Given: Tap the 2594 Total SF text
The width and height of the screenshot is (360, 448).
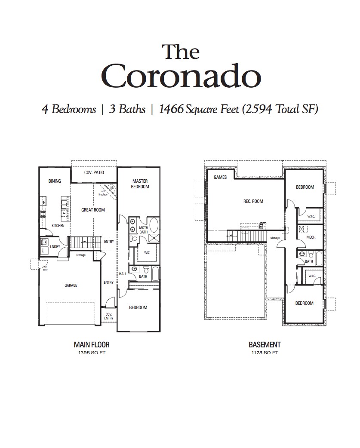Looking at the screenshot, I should [x=280, y=109].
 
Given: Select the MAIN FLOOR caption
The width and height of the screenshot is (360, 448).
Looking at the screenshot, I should [x=91, y=344].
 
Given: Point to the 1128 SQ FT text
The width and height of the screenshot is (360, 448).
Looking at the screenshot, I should [x=264, y=353].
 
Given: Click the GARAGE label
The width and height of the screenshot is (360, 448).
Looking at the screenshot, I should [x=71, y=285].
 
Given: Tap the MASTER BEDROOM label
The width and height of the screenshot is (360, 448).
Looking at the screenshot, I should [x=140, y=184].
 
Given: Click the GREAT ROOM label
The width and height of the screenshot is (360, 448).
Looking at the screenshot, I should [x=93, y=210].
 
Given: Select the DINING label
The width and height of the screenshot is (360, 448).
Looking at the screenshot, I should [x=55, y=181].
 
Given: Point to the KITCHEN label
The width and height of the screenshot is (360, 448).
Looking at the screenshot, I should [x=58, y=225].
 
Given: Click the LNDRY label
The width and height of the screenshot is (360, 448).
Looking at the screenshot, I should [x=55, y=247].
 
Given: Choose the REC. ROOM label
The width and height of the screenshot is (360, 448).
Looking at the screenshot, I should [x=253, y=201].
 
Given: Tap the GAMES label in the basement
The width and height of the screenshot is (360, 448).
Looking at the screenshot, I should [x=220, y=177].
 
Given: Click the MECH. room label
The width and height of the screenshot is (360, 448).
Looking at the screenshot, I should [x=311, y=237].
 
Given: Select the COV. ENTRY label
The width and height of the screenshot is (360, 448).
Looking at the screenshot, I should [x=109, y=316].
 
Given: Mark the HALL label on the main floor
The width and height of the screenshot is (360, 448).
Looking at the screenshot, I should [x=123, y=273].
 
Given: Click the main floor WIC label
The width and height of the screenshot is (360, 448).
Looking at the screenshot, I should [x=146, y=252].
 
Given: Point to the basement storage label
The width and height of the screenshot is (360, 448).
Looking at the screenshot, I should [x=275, y=237].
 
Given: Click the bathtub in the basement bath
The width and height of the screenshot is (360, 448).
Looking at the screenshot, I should [x=319, y=258].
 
